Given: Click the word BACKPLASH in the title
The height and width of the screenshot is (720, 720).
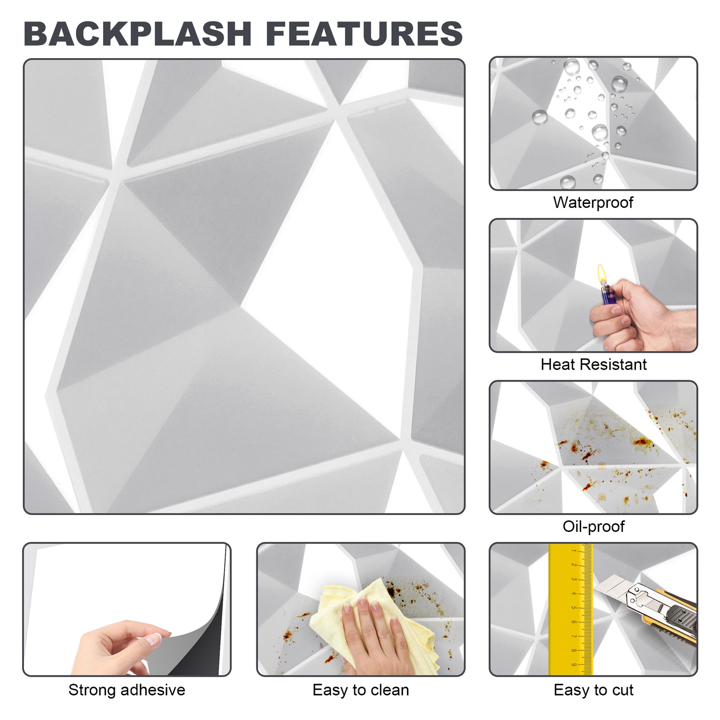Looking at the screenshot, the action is (x=138, y=34).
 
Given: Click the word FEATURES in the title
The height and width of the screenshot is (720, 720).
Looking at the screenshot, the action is (x=364, y=34).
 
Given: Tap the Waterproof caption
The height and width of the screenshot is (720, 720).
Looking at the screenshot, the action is (x=593, y=203).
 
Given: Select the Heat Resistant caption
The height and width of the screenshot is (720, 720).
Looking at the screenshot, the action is (x=594, y=364).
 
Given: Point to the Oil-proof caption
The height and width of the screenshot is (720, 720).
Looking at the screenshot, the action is (x=594, y=527).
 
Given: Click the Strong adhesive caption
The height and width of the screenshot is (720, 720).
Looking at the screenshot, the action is (x=127, y=690).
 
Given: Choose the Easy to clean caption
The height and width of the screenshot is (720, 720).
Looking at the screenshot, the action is (x=361, y=690).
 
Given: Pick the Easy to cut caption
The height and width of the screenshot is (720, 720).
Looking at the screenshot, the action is (x=594, y=690).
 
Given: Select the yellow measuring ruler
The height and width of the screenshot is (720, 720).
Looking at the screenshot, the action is (x=571, y=610).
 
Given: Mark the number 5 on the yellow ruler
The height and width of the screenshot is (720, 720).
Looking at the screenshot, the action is (x=574, y=608).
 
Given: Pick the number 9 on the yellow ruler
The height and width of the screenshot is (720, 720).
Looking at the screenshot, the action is (x=574, y=665).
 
